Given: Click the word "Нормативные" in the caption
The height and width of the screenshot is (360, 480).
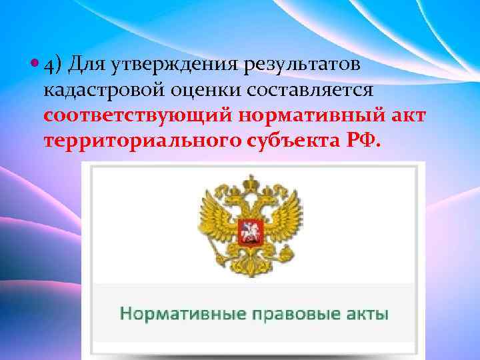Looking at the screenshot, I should click(174, 313).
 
